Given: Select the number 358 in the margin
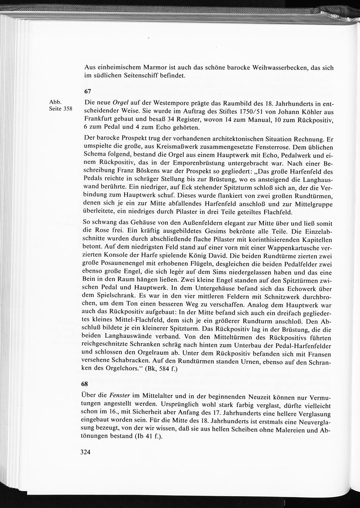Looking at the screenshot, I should tap(68, 109).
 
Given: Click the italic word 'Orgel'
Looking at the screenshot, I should tap(121, 102).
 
